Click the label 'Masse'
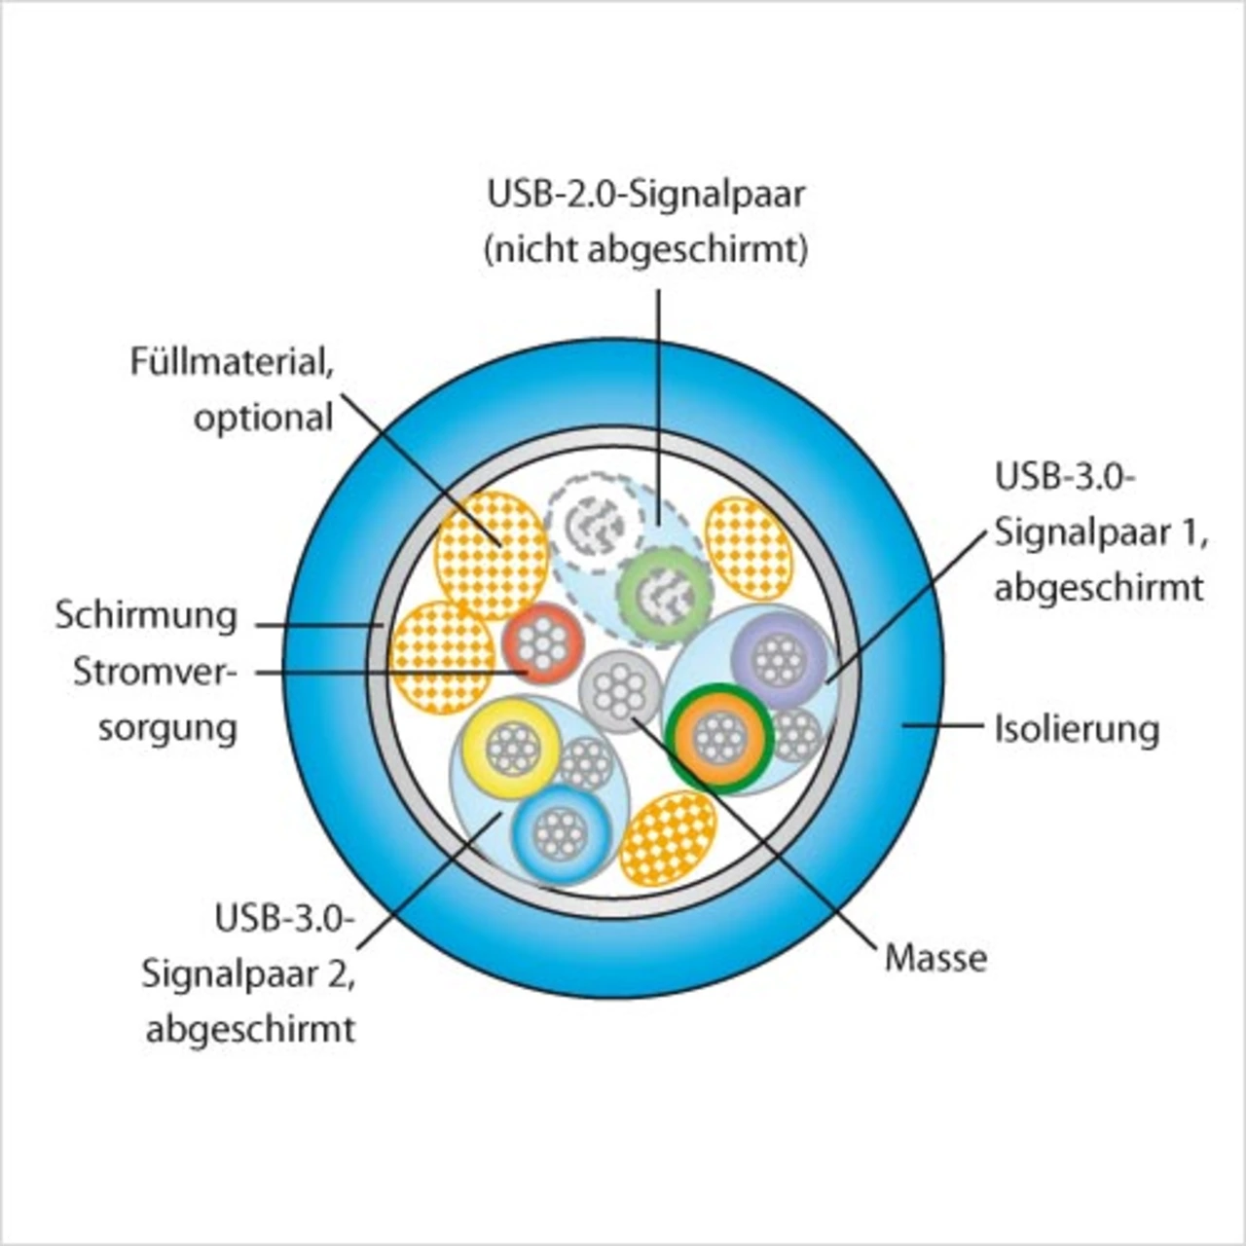coord(935,958)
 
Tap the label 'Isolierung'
coord(1077,728)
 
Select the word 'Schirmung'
coord(146,616)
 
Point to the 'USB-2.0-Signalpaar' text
coord(646,195)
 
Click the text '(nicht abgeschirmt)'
coord(646,250)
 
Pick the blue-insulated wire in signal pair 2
coord(561,834)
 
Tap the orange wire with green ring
coord(720,738)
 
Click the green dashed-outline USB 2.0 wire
coord(665,595)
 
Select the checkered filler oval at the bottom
coord(668,837)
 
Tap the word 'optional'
coord(263,419)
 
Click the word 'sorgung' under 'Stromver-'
coord(167,728)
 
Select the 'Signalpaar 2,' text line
coord(248,973)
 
